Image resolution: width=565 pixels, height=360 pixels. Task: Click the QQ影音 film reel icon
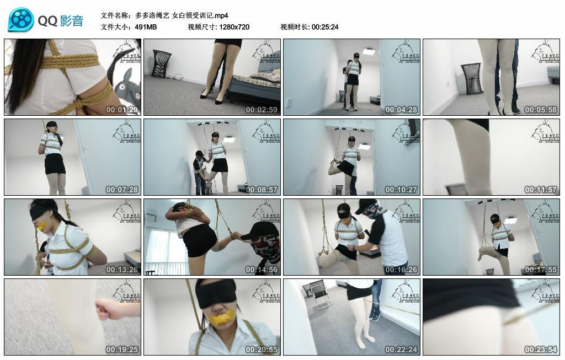click(x=21, y=20)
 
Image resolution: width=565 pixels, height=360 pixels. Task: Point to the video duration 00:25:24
click(x=325, y=26)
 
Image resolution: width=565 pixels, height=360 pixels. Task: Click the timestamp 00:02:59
click(x=261, y=110)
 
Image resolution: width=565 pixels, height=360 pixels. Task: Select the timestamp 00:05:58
click(x=540, y=110)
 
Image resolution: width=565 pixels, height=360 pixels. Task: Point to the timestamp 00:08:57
click(x=261, y=190)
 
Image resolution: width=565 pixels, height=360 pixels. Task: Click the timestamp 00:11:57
click(x=540, y=190)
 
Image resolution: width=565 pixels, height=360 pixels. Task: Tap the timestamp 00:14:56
click(x=261, y=270)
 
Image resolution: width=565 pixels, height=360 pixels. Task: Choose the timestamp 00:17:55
click(x=540, y=270)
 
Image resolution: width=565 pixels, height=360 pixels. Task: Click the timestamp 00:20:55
click(x=261, y=350)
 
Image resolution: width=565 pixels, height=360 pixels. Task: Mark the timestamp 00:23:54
click(x=540, y=350)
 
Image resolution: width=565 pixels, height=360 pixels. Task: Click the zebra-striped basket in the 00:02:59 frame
click(x=161, y=63)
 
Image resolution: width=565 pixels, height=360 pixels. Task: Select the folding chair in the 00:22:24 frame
click(x=319, y=293)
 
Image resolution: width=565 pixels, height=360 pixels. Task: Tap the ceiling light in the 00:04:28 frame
click(x=369, y=51)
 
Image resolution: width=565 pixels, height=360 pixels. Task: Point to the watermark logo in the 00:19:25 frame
click(x=126, y=292)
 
